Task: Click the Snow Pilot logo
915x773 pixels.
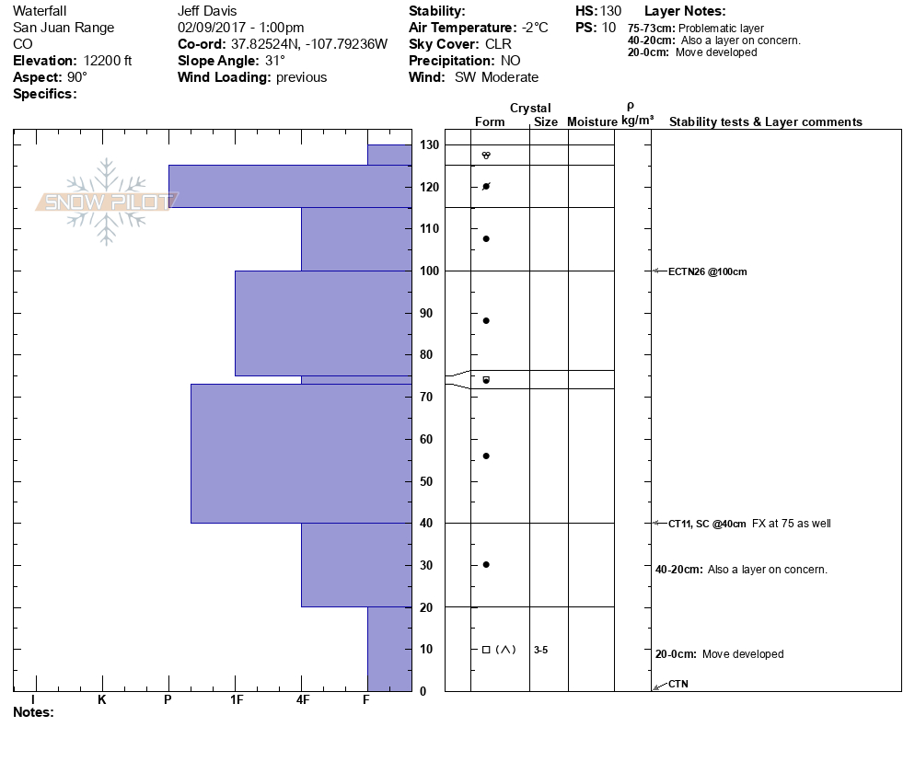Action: pyautogui.click(x=107, y=202)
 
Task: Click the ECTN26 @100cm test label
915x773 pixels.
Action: pyautogui.click(x=708, y=271)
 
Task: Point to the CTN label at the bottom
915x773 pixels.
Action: pyautogui.click(x=678, y=684)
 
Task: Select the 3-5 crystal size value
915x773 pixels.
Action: pyautogui.click(x=540, y=650)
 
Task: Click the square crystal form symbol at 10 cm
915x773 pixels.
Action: pyautogui.click(x=486, y=650)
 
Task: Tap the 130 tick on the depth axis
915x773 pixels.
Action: pyautogui.click(x=429, y=145)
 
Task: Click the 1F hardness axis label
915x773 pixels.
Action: pyautogui.click(x=236, y=700)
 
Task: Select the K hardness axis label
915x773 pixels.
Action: pyautogui.click(x=102, y=700)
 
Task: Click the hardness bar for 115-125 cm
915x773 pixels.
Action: pyautogui.click(x=289, y=186)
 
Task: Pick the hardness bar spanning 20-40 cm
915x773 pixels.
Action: pyautogui.click(x=355, y=565)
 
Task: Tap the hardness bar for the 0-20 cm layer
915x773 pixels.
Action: pyautogui.click(x=388, y=649)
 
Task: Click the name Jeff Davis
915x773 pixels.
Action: pyautogui.click(x=207, y=11)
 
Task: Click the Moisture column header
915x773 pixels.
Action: pyautogui.click(x=592, y=122)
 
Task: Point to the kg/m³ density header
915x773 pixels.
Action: pyautogui.click(x=637, y=121)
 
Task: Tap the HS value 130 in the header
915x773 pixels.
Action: pyautogui.click(x=610, y=11)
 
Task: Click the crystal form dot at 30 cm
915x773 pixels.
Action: pyautogui.click(x=486, y=565)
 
